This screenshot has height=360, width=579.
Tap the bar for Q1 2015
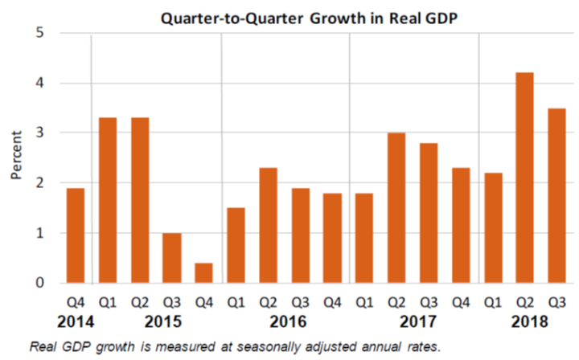click(x=108, y=200)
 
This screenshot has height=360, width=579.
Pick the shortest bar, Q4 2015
click(x=204, y=273)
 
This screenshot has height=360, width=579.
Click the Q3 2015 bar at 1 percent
click(x=172, y=258)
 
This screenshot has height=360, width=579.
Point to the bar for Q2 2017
click(x=397, y=208)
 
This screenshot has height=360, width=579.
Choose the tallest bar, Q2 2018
click(x=526, y=178)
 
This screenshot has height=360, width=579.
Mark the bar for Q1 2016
click(x=236, y=245)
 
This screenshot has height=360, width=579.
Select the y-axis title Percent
click(x=15, y=158)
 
